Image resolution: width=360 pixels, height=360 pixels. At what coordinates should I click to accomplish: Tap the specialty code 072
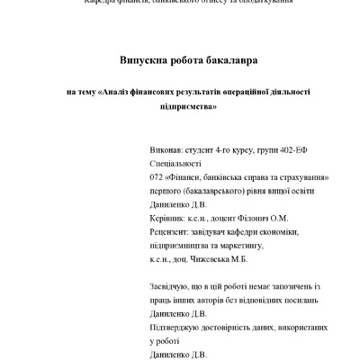pos(154,178)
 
